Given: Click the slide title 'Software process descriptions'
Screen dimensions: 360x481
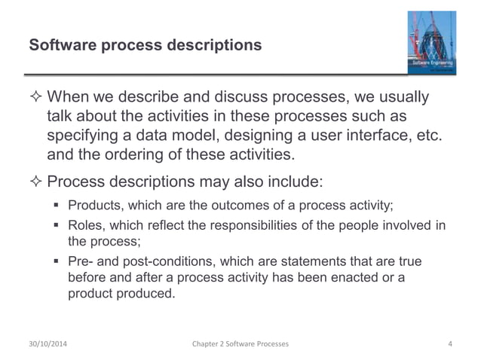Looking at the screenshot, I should [145, 46].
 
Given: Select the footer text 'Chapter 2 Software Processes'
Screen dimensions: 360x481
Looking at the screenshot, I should [240, 344].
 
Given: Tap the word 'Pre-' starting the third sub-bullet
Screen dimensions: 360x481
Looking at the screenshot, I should [81, 261].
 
